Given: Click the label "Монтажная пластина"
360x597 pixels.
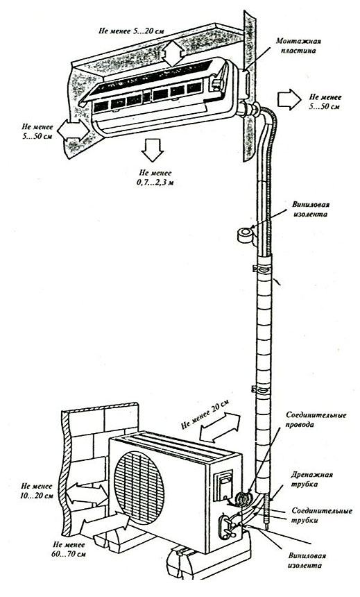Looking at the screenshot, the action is click(x=299, y=45).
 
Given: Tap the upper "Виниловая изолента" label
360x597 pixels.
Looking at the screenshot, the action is click(x=310, y=209).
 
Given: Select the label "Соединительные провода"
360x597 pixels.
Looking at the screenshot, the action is click(x=316, y=419).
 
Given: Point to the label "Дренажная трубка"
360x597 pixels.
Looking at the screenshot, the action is click(x=311, y=480).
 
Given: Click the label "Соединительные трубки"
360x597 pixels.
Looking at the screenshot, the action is click(x=322, y=515).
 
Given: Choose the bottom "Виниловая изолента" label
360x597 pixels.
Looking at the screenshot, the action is click(x=307, y=560).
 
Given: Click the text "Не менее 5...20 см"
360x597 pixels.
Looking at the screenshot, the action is click(x=131, y=31).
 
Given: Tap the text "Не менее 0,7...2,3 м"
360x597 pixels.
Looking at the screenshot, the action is click(x=155, y=178).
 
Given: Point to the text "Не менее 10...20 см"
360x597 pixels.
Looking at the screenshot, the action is click(x=37, y=491).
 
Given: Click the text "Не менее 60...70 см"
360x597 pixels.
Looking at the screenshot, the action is click(x=69, y=549).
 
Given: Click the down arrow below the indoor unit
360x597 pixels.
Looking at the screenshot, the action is click(x=152, y=150).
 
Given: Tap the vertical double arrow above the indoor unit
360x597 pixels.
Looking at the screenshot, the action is click(x=173, y=53).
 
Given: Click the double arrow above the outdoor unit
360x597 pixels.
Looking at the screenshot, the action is click(x=221, y=427).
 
